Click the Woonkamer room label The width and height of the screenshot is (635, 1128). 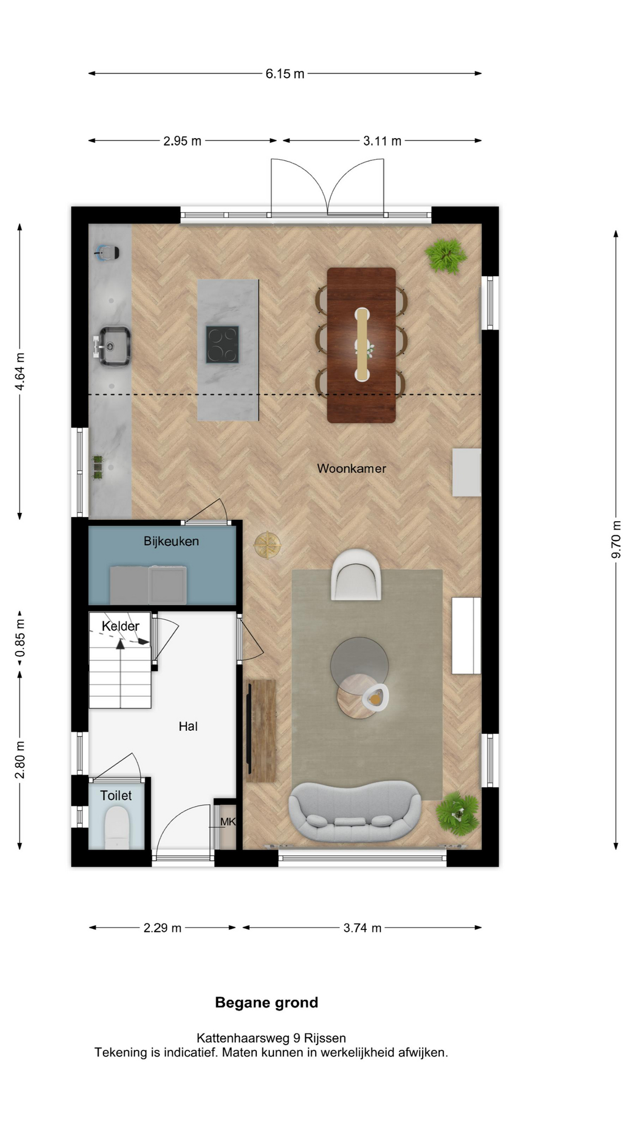[x=352, y=468]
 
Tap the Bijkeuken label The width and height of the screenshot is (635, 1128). [x=171, y=541]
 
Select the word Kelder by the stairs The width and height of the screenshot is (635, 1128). [x=121, y=626]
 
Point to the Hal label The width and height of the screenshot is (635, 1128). [x=188, y=726]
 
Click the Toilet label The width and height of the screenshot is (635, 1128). [x=116, y=795]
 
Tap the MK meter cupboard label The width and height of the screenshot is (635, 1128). [x=228, y=821]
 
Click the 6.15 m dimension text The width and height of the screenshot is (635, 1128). [x=285, y=73]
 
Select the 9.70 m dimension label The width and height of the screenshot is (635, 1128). [x=616, y=539]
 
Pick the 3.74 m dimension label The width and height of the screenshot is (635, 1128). [x=363, y=928]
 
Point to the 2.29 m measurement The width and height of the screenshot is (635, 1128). [x=163, y=928]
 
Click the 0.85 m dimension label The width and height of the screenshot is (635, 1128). [x=20, y=638]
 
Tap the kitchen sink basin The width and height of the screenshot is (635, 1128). [x=113, y=346]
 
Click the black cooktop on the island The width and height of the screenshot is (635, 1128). [x=222, y=344]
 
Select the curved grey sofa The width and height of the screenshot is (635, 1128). [x=355, y=811]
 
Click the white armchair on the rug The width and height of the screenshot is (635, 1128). [x=356, y=575]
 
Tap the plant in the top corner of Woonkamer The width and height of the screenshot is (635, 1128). [x=446, y=256]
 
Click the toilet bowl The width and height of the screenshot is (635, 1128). [x=116, y=826]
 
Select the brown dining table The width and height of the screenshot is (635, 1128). [x=362, y=345]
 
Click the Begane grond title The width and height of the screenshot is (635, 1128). [x=266, y=1002]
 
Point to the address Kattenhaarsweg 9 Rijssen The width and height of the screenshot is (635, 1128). [x=271, y=1038]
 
